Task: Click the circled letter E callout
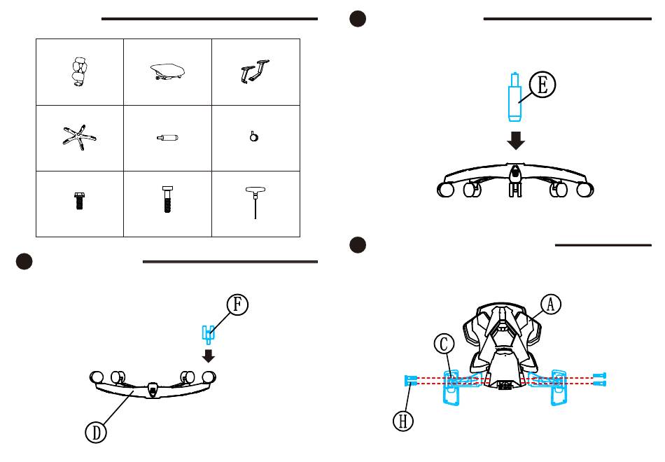542,85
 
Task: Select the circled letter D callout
96,433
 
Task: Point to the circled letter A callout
551,304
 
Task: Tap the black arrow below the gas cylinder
517,140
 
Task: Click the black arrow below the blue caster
208,355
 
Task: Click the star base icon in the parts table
78,137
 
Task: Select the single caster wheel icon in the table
253,137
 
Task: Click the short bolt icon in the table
78,200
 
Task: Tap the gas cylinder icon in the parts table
168,138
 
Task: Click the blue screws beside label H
411,380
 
